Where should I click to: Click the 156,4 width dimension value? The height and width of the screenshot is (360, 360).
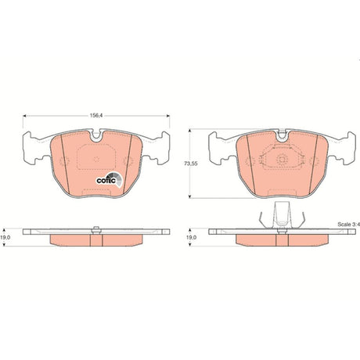(x=95, y=115)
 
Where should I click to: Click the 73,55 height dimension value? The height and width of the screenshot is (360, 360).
(x=191, y=164)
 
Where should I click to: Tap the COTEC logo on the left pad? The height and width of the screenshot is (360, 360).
(x=110, y=180)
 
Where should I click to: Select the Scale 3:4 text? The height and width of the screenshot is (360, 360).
(x=349, y=225)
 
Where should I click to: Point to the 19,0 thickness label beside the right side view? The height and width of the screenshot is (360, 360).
(x=192, y=238)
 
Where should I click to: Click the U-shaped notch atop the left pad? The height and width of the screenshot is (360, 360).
(x=96, y=135)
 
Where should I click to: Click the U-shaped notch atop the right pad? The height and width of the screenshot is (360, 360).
(x=282, y=135)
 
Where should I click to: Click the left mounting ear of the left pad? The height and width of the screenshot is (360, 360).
(x=33, y=148)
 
